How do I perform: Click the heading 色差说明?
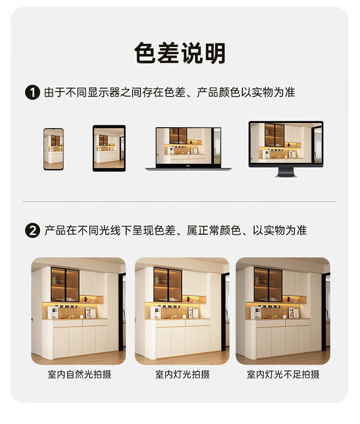pos(180,53)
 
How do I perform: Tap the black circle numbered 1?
pos(33,93)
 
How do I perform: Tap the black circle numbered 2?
pos(33,230)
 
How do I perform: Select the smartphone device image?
pos(53,149)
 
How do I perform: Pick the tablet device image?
pos(109,148)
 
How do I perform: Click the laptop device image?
pos(188,149)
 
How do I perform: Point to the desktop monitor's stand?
pos(286,172)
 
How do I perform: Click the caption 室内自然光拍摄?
pos(80,375)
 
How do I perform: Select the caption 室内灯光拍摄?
pos(182,375)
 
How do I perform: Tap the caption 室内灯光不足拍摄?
pos(283,375)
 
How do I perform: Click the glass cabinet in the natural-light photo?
pos(65,284)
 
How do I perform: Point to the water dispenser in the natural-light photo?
pos(53,313)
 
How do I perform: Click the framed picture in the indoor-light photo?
pos(193,313)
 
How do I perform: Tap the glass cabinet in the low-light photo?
pos(268,284)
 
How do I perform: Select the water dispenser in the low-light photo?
pos(256,313)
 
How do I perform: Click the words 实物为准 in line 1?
pos(273,93)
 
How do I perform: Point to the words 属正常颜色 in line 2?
pos(214,230)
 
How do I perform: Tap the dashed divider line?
pos(180,202)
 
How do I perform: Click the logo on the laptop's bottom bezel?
pos(188,166)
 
